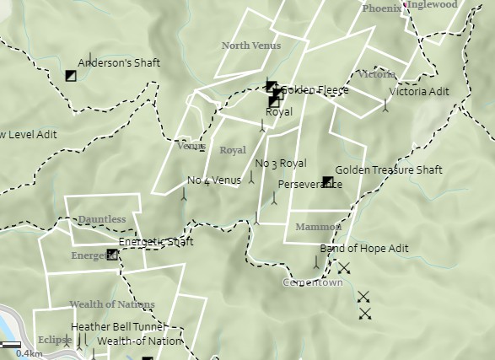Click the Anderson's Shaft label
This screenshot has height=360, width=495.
tap(119, 62)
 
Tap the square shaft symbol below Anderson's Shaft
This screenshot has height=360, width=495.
tap(71, 76)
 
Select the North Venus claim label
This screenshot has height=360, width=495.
tap(251, 46)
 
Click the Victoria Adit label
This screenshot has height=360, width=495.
tap(419, 91)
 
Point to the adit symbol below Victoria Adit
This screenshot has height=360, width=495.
tap(386, 105)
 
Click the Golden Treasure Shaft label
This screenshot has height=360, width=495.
tap(389, 169)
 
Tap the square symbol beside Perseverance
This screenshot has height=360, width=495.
tap(327, 181)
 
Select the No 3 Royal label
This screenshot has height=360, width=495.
tap(280, 163)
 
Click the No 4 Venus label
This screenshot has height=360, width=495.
tap(214, 180)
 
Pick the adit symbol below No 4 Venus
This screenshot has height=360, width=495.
tap(185, 193)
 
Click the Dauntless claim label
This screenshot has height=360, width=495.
tap(101, 219)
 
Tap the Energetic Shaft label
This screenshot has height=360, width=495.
tap(156, 242)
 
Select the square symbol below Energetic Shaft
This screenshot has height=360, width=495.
tap(112, 254)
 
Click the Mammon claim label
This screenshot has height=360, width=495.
tap(318, 227)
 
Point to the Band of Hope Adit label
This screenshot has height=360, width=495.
tap(363, 248)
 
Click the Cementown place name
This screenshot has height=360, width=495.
tap(312, 283)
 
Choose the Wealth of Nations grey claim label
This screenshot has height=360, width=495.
tap(111, 304)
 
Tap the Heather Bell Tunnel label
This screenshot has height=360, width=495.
tap(118, 326)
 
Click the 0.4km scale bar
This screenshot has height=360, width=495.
tap(11, 345)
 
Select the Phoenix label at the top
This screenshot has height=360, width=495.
tap(381, 8)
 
